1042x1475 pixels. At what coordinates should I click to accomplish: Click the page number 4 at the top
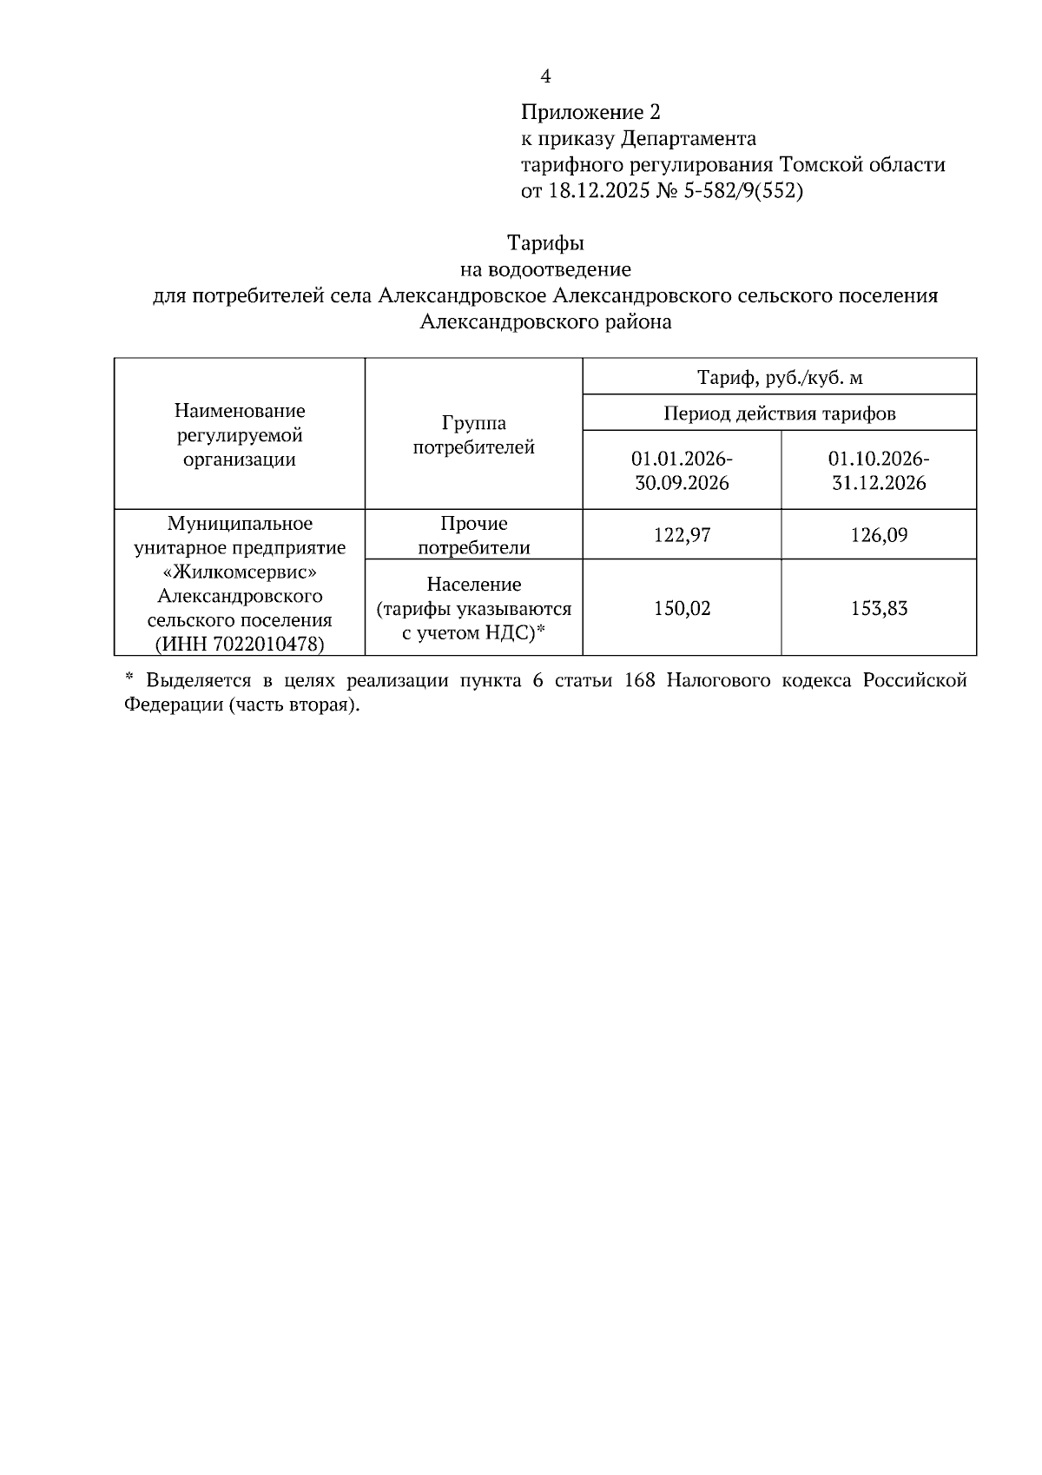pos(545,77)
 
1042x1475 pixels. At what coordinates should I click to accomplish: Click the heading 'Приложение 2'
pos(590,112)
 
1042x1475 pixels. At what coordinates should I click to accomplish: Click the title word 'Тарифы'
pos(545,242)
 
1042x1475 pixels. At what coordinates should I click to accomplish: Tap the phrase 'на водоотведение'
pos(545,269)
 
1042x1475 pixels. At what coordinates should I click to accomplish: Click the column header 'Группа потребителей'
pos(473,435)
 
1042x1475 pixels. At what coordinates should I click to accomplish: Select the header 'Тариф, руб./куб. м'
pos(779,378)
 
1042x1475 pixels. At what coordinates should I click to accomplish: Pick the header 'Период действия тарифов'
pos(779,413)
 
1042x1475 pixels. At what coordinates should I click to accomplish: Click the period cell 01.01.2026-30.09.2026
pos(682,470)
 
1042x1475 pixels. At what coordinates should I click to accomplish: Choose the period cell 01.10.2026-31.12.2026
pos(879,470)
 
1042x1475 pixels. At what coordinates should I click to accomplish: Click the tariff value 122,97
pos(682,535)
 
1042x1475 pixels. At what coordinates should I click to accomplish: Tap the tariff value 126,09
pos(879,535)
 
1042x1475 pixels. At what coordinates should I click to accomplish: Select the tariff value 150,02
pos(682,608)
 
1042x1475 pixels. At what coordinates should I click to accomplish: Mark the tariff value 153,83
pos(879,608)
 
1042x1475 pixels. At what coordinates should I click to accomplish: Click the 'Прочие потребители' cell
pos(473,535)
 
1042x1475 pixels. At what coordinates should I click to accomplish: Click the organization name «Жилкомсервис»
pos(240,572)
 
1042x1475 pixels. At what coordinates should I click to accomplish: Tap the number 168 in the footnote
pos(639,680)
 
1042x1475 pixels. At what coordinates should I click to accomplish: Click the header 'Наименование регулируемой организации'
pos(240,435)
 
